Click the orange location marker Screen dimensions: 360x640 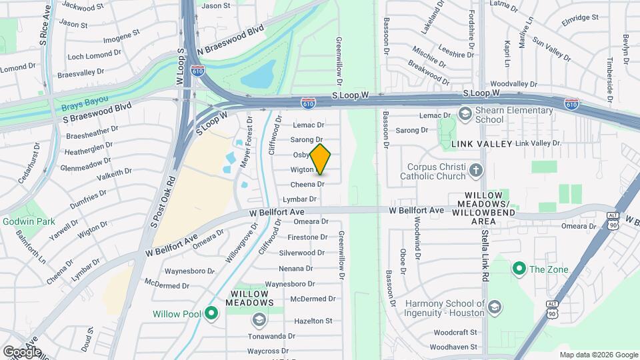pos(320,159)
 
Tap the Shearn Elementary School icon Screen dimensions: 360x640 pos(464,114)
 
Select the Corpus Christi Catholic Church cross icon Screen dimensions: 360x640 pos(475,169)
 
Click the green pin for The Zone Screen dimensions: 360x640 pos(519,269)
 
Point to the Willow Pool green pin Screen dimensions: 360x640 pos(211,313)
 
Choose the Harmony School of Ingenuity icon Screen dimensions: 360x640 pos(494,307)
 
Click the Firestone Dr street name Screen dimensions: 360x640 pos(307,237)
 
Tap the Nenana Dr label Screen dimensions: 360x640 pos(296,268)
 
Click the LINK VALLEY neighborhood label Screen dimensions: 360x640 pos(481,144)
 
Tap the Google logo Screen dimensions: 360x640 pos(22,351)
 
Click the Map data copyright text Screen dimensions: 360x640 pos(599,355)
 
